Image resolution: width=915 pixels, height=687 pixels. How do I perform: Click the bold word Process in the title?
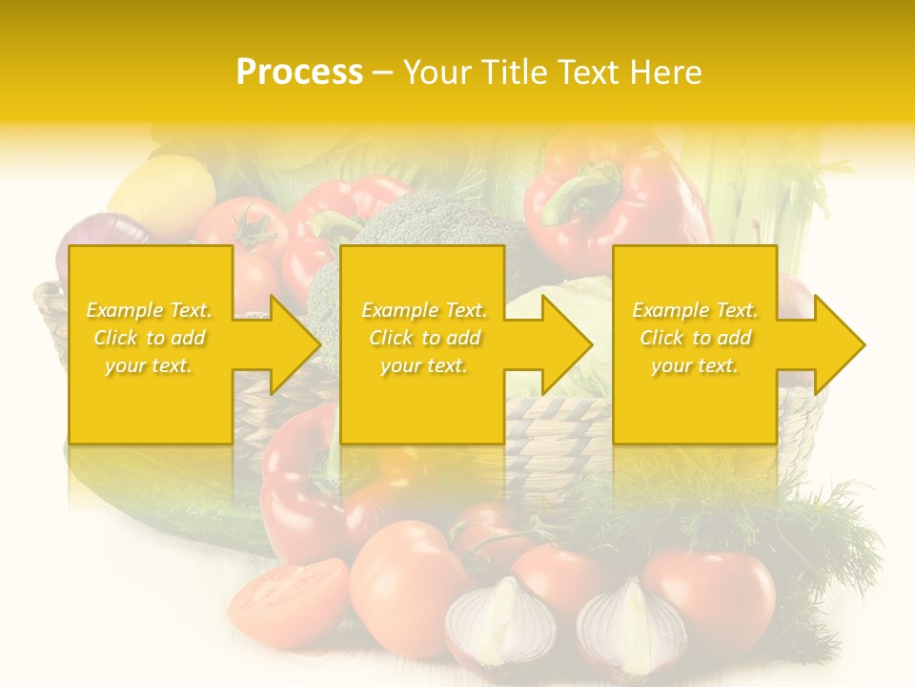pyautogui.click(x=299, y=73)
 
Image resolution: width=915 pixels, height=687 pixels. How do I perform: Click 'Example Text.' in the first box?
pyautogui.click(x=150, y=310)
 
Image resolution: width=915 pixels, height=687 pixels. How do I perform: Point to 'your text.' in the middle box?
pyautogui.click(x=423, y=365)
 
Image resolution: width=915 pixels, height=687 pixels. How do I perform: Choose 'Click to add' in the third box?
pyautogui.click(x=695, y=338)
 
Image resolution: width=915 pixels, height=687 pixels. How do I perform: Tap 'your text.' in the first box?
pyautogui.click(x=150, y=365)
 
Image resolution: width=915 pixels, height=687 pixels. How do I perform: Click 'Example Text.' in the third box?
pyautogui.click(x=695, y=310)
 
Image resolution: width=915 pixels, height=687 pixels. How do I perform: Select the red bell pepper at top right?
pyautogui.click(x=620, y=200)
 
